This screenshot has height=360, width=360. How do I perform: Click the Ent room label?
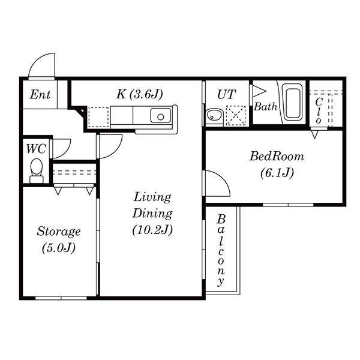[40, 95]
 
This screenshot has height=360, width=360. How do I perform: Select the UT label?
[226, 94]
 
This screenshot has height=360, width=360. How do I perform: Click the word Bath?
[265, 107]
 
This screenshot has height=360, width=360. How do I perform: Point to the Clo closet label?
[319, 110]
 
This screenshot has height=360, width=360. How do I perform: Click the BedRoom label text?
[277, 157]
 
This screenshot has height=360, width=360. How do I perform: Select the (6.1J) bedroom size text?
[277, 173]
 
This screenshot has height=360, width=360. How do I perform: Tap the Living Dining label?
[152, 205]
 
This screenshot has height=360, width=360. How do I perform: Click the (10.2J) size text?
[152, 229]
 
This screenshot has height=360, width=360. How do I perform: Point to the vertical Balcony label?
[221, 249]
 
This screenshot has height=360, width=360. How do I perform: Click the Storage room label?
[58, 231]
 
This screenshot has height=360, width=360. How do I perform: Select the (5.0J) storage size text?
[58, 247]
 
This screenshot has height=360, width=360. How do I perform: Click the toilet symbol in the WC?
[37, 170]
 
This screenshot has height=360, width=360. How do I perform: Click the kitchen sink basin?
[161, 115]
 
